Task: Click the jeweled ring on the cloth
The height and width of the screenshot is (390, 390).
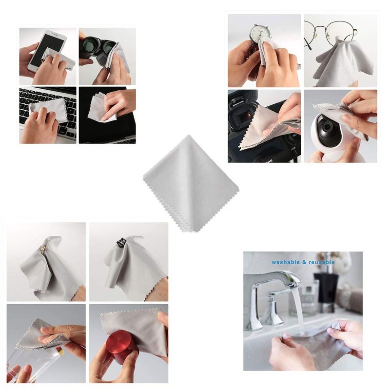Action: coord(42,249)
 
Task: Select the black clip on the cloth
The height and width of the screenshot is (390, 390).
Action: coord(121,242)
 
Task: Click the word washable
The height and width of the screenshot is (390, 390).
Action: coord(286,262)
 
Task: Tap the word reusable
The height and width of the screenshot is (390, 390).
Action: coord(322,262)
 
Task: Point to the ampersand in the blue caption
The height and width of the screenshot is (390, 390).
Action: coord(304,262)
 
